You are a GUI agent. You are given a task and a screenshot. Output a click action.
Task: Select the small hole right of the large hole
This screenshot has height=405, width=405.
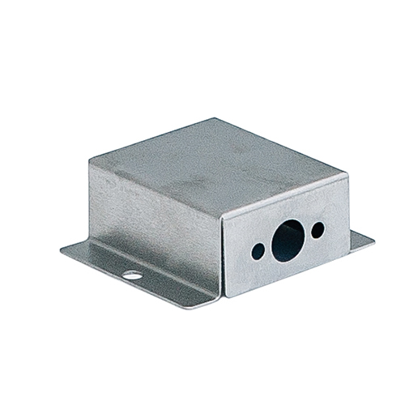click(318, 228)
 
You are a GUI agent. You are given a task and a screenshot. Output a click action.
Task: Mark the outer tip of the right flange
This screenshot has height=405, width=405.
click(373, 239)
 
